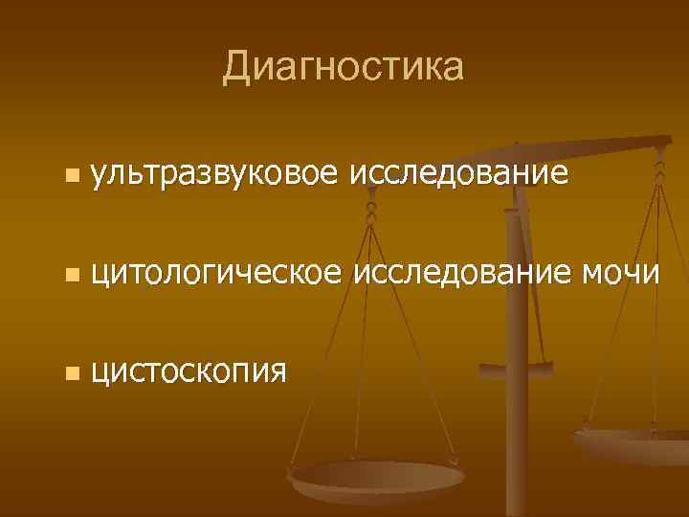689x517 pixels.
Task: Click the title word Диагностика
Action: [343, 67]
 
